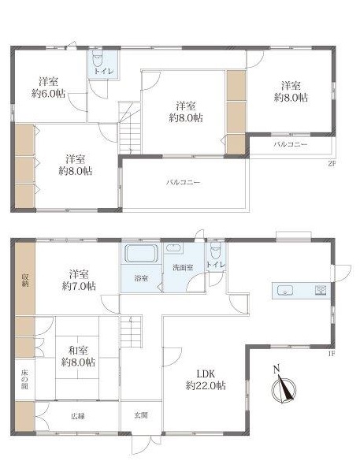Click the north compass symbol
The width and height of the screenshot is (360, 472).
coord(284,389)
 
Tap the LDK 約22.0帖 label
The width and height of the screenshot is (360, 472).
coord(206,380)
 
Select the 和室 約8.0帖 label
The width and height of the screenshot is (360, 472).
coord(78,356)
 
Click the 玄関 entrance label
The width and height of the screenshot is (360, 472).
coord(141,415)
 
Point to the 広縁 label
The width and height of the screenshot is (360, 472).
coord(78,416)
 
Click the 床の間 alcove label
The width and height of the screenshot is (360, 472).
coord(24,379)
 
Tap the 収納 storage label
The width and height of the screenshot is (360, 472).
coord(25,280)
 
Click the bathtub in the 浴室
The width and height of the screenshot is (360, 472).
coord(141,254)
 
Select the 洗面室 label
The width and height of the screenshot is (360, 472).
coord(183,267)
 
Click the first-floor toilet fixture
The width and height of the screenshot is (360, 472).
coord(216,251)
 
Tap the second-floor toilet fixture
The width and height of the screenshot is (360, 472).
coord(98,58)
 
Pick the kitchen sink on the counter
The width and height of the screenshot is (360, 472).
coord(284,291)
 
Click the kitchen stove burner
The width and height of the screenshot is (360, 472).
coord(321,290)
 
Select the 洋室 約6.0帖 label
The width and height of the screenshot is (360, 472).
coord(49,87)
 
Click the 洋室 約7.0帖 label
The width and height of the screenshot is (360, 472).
coord(79,280)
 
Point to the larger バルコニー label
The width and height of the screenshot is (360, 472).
coord(184,183)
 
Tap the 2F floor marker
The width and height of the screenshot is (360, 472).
coord(331,164)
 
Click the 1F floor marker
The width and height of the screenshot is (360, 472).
coord(332,354)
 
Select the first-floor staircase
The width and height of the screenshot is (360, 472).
coord(132,332)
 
